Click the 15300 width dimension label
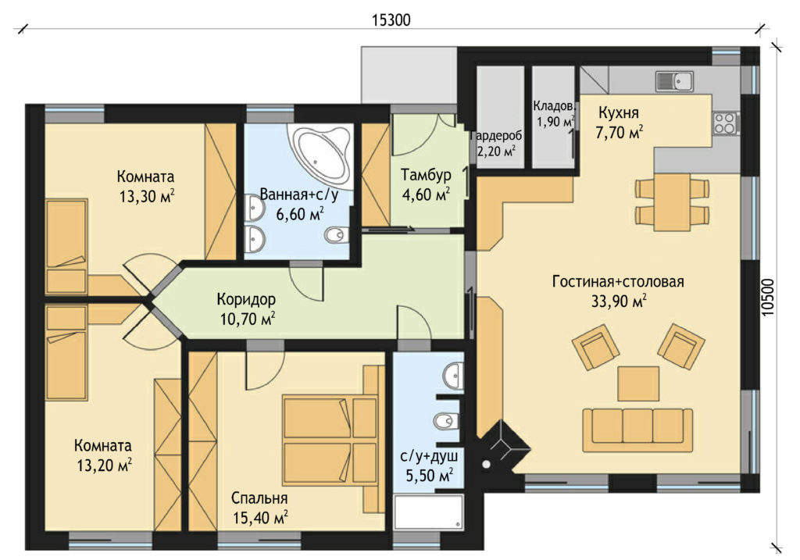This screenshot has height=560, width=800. click(391, 20)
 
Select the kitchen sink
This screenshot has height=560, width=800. click(674, 81)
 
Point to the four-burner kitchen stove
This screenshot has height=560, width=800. click(725, 123)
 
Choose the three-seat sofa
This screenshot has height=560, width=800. click(637, 430)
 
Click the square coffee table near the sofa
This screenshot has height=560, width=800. click(638, 383)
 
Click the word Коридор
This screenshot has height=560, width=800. click(246, 299)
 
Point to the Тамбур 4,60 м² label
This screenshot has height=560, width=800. click(426, 184)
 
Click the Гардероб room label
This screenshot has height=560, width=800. click(495, 137)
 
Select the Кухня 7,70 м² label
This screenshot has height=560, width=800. click(619, 123)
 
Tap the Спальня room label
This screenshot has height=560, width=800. click(259, 498)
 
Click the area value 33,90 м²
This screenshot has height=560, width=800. click(619, 301)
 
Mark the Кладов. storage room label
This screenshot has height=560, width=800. click(555, 106)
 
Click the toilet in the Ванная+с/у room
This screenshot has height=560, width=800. click(336, 234)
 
